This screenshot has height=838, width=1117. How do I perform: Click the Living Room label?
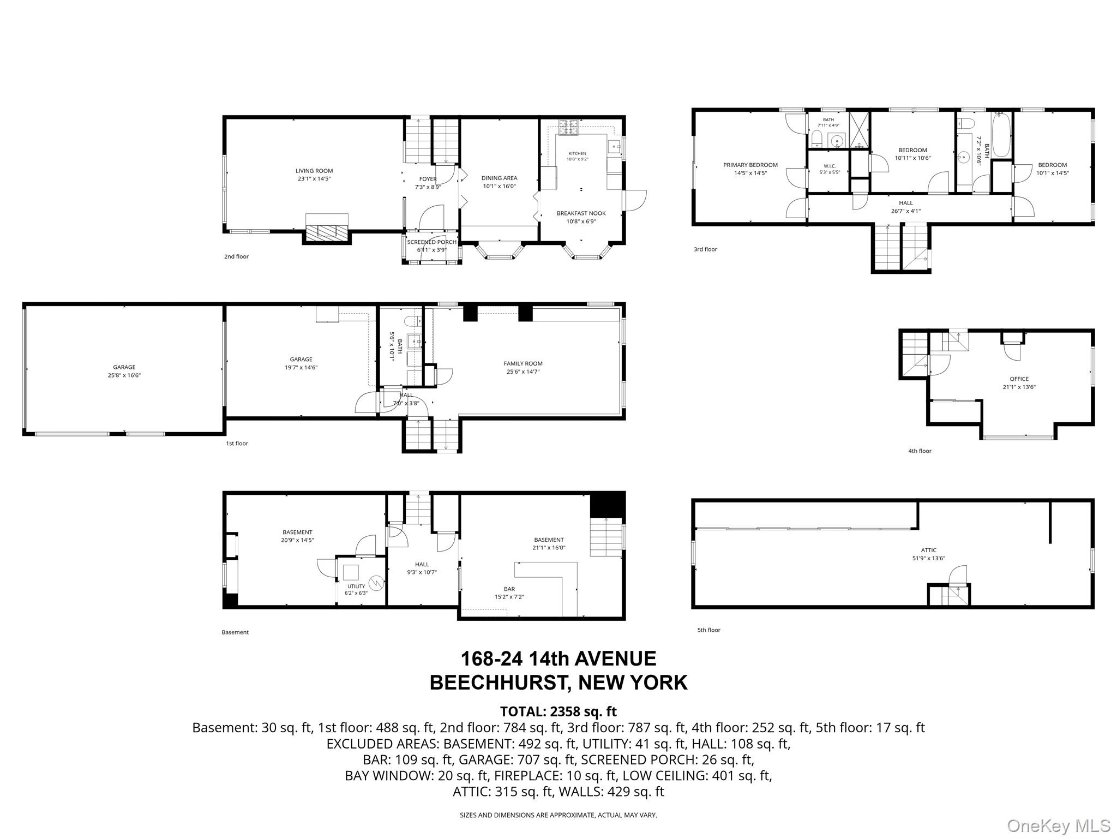pyautogui.click(x=314, y=171)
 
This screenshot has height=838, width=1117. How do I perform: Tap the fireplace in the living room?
pyautogui.click(x=327, y=227)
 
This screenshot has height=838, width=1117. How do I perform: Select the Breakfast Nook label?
pyautogui.click(x=581, y=213)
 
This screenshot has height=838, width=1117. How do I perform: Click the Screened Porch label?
pyautogui.click(x=432, y=242)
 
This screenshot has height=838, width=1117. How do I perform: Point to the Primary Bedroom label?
pyautogui.click(x=750, y=165)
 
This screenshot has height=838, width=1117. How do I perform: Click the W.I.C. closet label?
pyautogui.click(x=830, y=166)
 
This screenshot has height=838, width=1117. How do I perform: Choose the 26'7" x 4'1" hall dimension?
pyautogui.click(x=905, y=211)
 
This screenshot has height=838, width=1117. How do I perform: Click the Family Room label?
pyautogui.click(x=523, y=363)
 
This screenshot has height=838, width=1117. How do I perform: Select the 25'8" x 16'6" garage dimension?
pyautogui.click(x=124, y=375)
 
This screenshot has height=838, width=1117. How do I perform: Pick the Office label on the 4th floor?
pyautogui.click(x=1019, y=379)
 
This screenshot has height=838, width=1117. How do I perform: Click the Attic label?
pyautogui.click(x=928, y=550)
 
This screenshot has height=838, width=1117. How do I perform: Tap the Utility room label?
pyautogui.click(x=356, y=586)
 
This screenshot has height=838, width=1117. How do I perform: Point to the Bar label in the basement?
pyautogui.click(x=509, y=589)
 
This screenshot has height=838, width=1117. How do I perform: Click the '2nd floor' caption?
pyautogui.click(x=236, y=256)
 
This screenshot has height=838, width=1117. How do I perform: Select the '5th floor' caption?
pyautogui.click(x=708, y=630)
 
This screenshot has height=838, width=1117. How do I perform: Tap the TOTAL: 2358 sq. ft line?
pyautogui.click(x=558, y=711)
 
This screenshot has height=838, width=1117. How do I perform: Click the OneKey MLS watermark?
pyautogui.click(x=1058, y=825)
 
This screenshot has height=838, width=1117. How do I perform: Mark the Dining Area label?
pyautogui.click(x=499, y=178)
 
